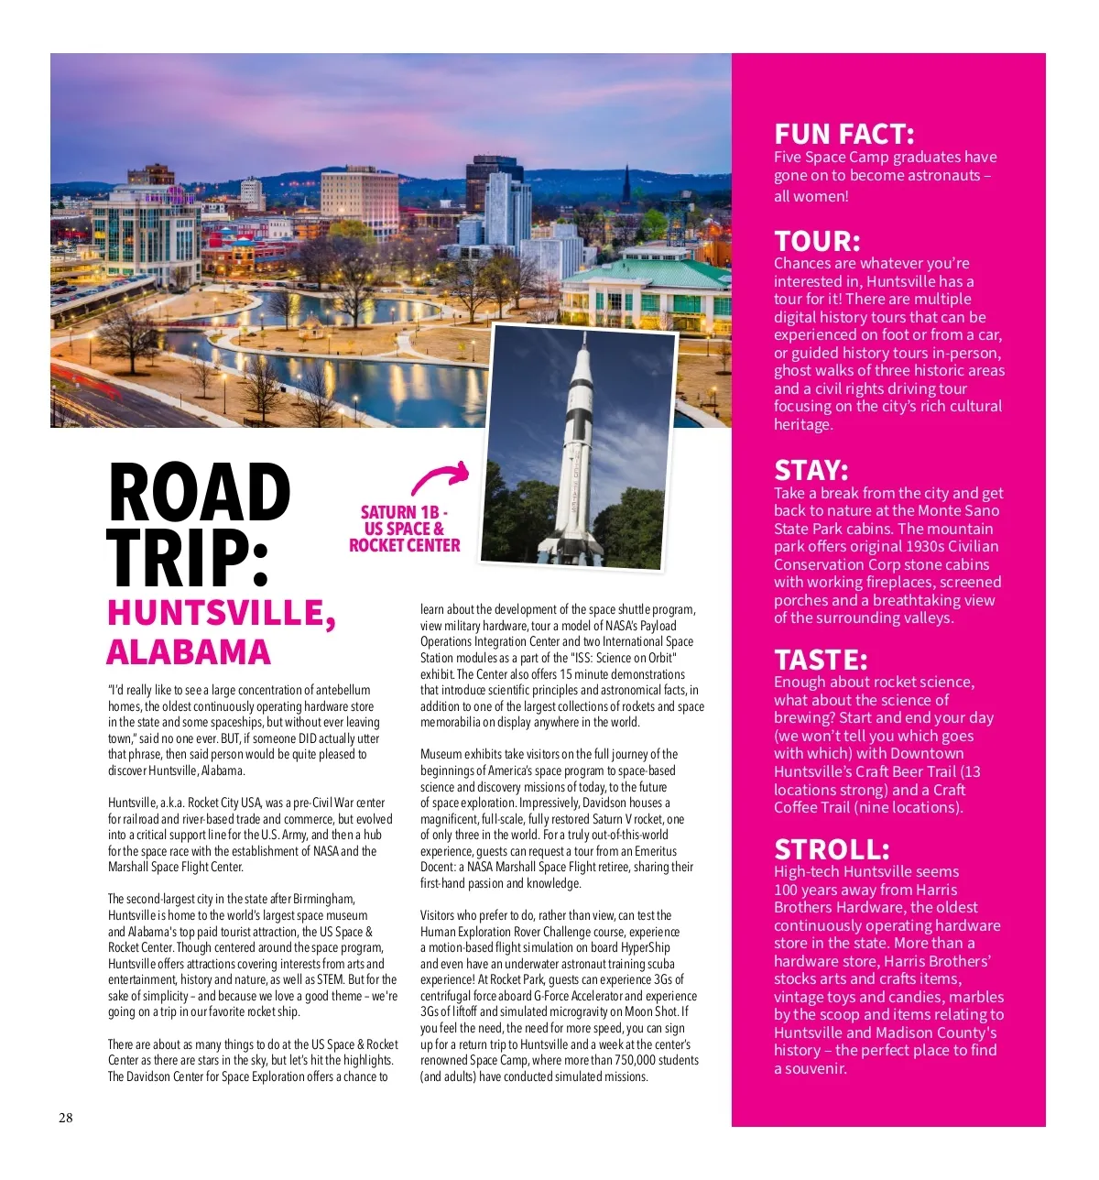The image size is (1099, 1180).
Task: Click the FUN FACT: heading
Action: click(843, 135)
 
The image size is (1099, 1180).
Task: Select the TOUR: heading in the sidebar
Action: click(817, 241)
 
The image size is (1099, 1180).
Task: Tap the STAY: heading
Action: click(811, 470)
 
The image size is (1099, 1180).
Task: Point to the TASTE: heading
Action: click(821, 660)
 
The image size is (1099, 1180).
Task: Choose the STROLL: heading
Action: click(832, 848)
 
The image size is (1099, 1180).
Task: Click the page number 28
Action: click(66, 1118)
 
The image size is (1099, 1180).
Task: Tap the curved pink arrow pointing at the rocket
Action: click(441, 477)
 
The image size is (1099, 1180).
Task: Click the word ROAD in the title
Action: click(200, 494)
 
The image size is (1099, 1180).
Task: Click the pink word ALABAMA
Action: click(189, 652)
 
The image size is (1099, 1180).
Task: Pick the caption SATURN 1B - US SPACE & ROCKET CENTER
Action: click(404, 529)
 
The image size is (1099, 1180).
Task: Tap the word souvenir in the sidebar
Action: click(810, 1068)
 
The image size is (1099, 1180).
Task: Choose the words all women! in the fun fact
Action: click(811, 196)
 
